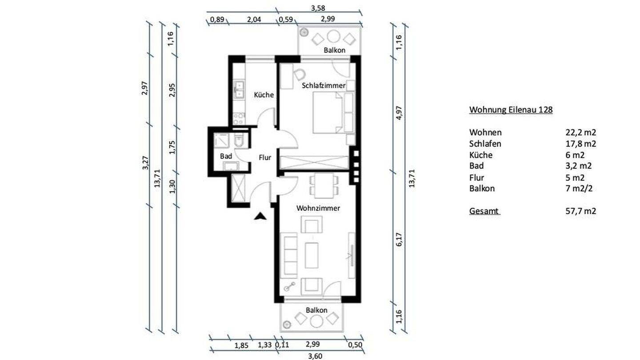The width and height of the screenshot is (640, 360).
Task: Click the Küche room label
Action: click(x=264, y=95)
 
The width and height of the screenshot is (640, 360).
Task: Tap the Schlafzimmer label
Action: click(x=324, y=85)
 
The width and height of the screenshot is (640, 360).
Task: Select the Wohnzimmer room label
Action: click(x=318, y=208)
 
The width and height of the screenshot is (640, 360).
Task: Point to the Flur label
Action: click(x=265, y=157)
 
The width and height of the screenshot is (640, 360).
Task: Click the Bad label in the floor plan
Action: click(x=226, y=156)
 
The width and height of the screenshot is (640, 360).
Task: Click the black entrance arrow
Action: click(x=260, y=216)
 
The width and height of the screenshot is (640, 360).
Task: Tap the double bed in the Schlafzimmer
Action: click(x=328, y=112)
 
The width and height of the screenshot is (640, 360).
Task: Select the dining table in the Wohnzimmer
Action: click(x=324, y=185)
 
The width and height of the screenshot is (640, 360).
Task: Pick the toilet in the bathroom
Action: click(x=238, y=140)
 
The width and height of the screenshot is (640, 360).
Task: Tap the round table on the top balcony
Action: click(x=333, y=36)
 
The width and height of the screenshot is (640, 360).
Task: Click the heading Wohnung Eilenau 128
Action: click(x=511, y=110)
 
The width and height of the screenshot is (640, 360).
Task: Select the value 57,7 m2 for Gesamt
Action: click(x=581, y=211)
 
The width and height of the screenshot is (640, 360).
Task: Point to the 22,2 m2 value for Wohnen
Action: click(x=581, y=132)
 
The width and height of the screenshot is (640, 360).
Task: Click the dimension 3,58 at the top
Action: click(x=318, y=8)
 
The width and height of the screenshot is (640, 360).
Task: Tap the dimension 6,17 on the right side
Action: click(x=399, y=239)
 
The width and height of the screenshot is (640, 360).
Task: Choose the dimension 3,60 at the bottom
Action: click(x=315, y=356)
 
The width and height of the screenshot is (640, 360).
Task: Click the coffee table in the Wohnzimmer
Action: click(x=312, y=255)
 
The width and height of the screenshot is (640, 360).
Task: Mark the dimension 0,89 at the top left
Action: click(x=217, y=20)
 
